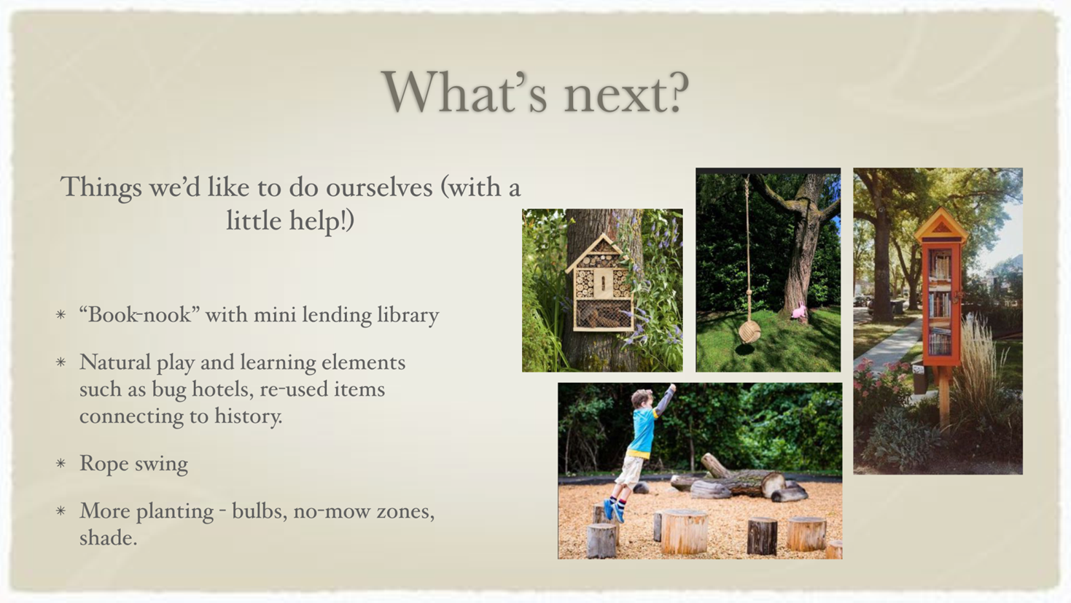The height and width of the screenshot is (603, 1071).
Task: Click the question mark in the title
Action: pos(674,93)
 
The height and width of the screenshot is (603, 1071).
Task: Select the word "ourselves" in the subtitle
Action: pos(379,187)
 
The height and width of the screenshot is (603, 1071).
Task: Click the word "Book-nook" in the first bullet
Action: pos(140,315)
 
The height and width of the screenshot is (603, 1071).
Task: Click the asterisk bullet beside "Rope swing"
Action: pos(61,463)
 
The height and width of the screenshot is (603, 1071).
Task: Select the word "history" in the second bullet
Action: pos(248,416)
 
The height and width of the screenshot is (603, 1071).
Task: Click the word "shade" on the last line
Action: pos(108,538)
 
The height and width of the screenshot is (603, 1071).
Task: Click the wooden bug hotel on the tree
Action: pos(601,283)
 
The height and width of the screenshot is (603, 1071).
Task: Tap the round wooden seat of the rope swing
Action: pos(749,331)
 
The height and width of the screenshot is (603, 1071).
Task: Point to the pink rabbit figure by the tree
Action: pos(799,311)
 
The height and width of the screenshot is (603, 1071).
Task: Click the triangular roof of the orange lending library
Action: pos(941,225)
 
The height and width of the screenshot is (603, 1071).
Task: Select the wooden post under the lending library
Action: pos(943,397)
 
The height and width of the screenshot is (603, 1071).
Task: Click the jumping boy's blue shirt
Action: pos(643,431)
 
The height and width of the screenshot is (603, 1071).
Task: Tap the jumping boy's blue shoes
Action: pos(613,510)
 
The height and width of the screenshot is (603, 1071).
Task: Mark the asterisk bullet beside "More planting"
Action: pos(61,511)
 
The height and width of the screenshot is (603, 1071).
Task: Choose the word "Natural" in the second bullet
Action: pos(114,362)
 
